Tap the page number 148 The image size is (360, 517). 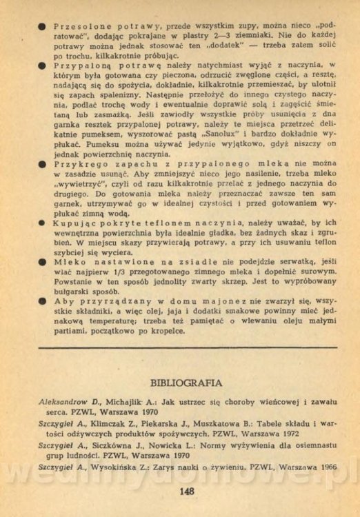pos(185,491)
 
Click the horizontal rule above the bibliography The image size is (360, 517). pos(185,349)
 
